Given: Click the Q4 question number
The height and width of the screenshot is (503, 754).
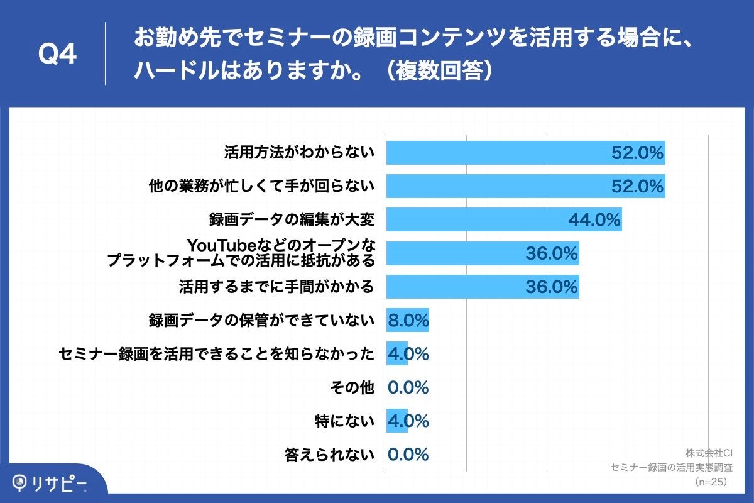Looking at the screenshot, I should tap(57, 55).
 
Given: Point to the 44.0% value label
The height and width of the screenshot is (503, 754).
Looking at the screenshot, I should tap(594, 219).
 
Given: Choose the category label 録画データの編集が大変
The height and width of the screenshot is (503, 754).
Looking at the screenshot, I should tap(292, 219).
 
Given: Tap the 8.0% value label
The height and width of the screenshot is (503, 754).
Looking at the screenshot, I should tap(408, 320).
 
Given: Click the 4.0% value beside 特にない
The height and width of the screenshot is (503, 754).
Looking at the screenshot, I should tap(408, 421).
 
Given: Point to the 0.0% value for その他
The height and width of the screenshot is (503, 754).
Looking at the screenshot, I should tap(408, 387).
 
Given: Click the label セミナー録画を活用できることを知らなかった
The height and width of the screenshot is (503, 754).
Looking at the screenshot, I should tap(216, 354).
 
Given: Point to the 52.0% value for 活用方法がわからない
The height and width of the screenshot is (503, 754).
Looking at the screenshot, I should tap(637, 153).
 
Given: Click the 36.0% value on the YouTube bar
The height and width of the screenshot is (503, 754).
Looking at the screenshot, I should tap(551, 253).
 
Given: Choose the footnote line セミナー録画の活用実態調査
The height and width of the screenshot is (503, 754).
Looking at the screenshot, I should tap(672, 468).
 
